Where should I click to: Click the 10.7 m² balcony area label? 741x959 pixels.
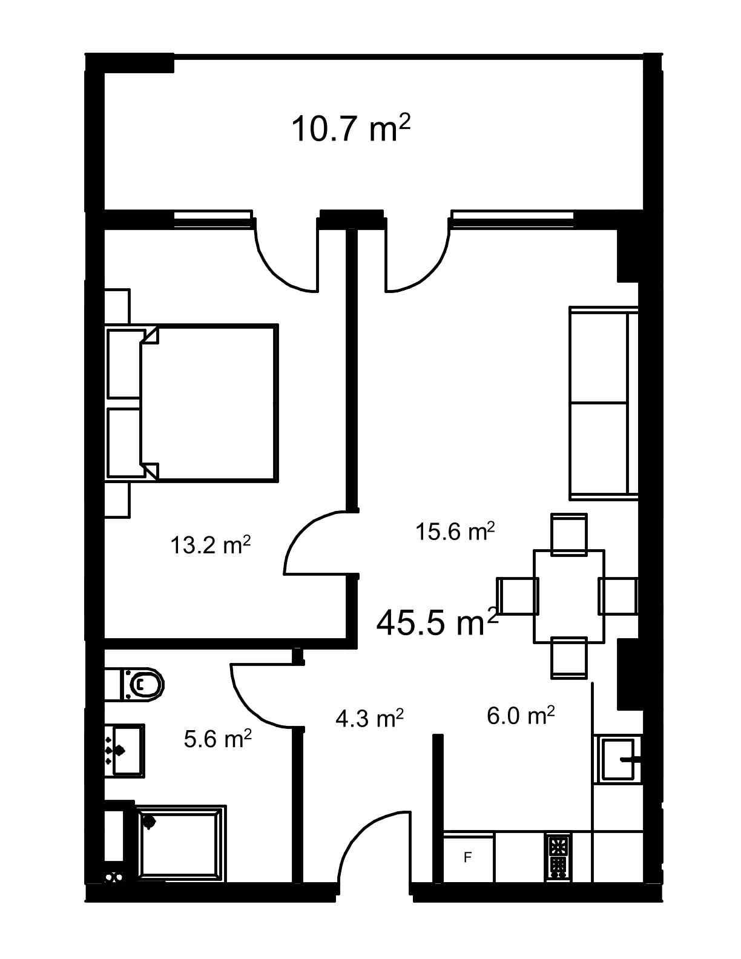click(351, 128)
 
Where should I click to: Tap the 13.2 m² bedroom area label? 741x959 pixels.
click(211, 545)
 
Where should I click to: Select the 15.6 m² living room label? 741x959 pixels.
click(455, 531)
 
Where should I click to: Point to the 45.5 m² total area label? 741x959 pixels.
click(437, 623)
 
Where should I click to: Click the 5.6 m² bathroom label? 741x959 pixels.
click(217, 739)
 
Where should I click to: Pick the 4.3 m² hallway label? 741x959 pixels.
click(369, 718)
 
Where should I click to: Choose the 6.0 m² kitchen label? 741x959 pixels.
click(521, 715)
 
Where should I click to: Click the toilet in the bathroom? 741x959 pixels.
click(134, 685)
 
